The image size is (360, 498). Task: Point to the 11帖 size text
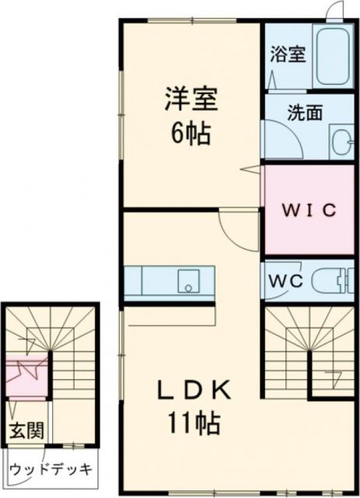coord(191,424)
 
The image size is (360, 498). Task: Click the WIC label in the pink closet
coord(308,210)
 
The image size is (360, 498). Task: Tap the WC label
coord(286,281)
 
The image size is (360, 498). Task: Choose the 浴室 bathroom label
coord(288,55)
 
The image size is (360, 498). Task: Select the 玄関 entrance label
coord(25,430)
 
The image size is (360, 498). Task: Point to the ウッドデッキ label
coord(52,470)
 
